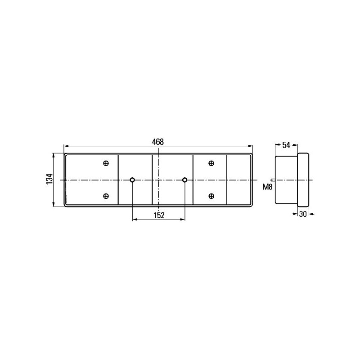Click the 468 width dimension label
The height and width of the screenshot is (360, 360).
point(158,142)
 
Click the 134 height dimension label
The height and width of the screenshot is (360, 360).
point(49,179)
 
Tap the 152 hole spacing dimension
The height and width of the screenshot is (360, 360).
point(159,216)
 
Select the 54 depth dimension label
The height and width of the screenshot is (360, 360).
point(286,145)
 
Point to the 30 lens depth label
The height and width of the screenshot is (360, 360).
point(303,214)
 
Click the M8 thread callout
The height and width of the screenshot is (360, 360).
point(267,187)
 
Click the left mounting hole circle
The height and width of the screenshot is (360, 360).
point(132,180)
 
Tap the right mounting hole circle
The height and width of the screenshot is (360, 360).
point(184,180)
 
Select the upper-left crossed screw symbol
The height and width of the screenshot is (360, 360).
point(106,163)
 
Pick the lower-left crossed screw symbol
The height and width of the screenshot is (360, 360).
point(106,196)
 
